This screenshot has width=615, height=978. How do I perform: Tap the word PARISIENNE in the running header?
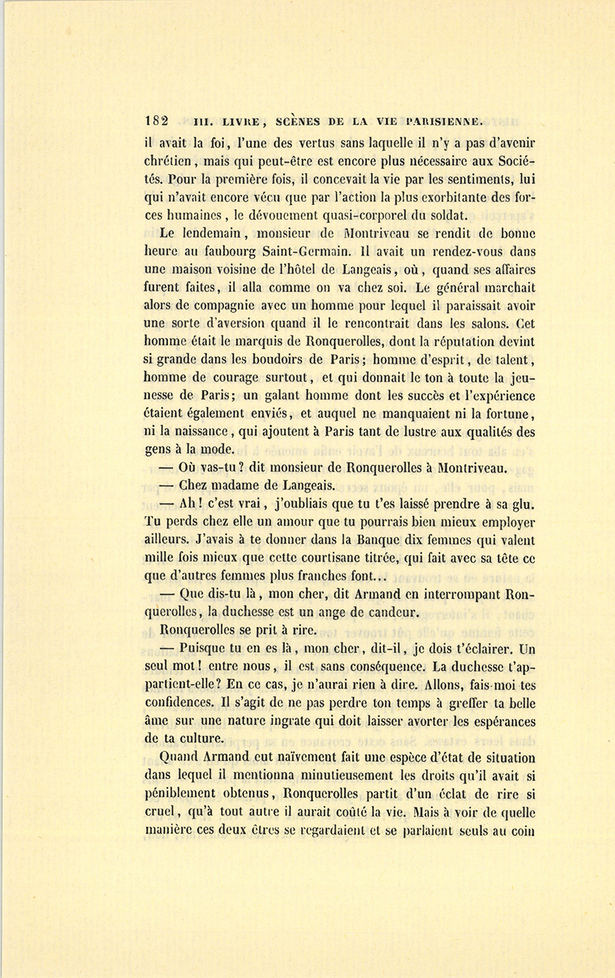(x=445, y=122)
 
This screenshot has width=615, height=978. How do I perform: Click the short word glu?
(x=521, y=504)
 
